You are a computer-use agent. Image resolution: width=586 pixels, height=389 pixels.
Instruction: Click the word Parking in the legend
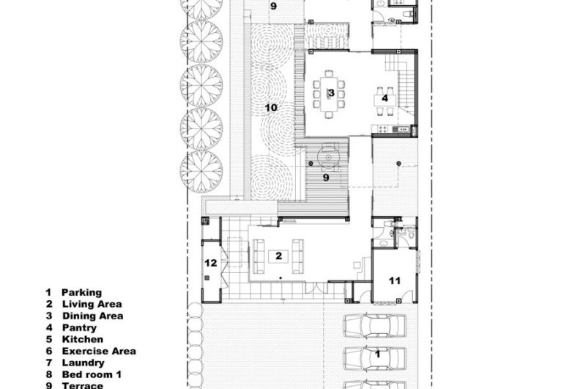(x=81, y=292)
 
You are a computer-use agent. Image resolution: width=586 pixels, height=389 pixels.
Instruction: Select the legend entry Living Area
(x=92, y=304)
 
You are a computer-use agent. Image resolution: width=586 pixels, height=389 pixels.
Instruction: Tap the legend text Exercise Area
(x=99, y=351)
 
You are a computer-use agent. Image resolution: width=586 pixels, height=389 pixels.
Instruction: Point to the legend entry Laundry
(x=83, y=363)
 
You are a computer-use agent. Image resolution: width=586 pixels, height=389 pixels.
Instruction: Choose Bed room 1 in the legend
(x=92, y=374)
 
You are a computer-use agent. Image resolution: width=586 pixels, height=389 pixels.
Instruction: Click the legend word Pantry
(x=79, y=327)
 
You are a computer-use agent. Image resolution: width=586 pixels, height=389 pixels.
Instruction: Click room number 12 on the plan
(x=211, y=263)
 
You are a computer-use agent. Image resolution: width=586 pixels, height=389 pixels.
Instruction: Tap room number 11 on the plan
(x=395, y=280)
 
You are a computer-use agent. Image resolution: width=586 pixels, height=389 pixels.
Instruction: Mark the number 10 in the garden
(x=271, y=108)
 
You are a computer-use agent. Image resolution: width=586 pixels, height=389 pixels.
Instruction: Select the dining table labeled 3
(x=329, y=94)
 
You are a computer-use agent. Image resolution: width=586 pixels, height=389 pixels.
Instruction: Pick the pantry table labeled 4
(x=385, y=100)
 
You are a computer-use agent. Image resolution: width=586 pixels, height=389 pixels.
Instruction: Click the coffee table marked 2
(x=278, y=256)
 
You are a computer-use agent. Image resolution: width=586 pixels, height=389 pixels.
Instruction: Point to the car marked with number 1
(x=374, y=359)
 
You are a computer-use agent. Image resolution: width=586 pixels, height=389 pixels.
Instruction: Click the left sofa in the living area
(x=259, y=256)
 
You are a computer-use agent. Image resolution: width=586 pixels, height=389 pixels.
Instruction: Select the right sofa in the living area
(x=298, y=256)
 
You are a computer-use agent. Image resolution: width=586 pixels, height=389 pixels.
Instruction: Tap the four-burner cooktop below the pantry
(x=382, y=129)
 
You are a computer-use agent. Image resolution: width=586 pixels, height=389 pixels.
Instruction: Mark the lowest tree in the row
(x=201, y=172)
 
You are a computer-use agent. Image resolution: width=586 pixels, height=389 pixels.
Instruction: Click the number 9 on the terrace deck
(x=326, y=178)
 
